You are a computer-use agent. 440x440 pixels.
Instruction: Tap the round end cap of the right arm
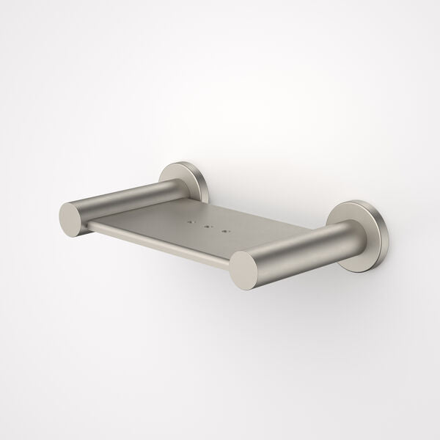point(248,269)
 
